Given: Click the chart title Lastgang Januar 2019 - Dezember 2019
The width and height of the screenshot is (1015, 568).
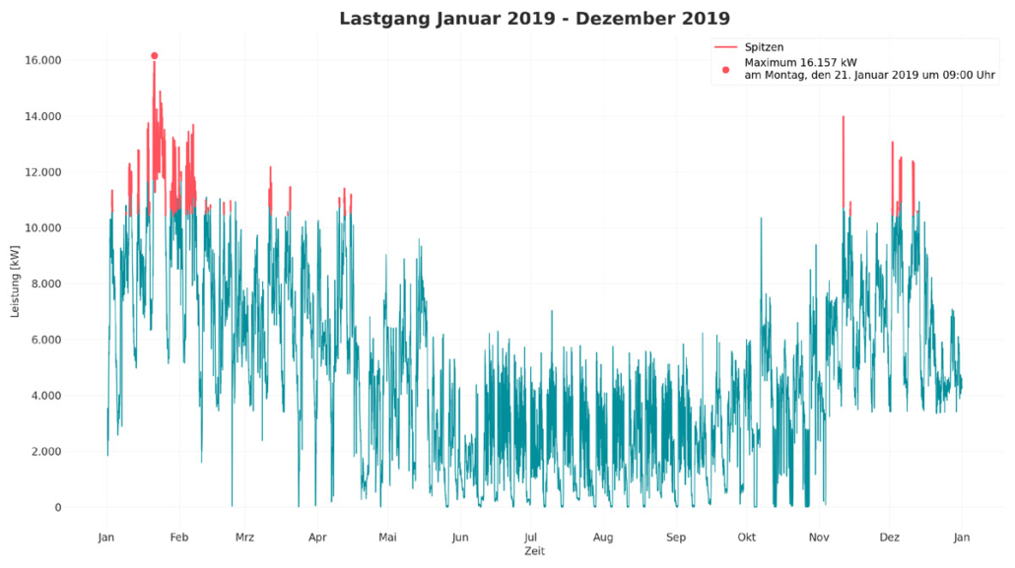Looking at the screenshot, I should pos(534,19).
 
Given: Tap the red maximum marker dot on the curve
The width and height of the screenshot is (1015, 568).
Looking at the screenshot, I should pos(155,56).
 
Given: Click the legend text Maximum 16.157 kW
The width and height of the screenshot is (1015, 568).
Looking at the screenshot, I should pos(801,62).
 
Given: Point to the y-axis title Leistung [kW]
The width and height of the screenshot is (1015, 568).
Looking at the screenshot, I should pos(15,284).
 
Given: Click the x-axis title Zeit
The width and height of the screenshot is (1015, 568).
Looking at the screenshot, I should pos(534,551).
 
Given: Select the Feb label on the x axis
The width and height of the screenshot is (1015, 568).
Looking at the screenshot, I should pos(179,537).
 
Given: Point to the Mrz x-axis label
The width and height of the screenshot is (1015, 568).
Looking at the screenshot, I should pos(245,537).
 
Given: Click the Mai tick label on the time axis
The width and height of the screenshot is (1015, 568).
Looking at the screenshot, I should pos(388,537).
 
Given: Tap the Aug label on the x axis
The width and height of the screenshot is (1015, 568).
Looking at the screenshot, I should pos(603,537).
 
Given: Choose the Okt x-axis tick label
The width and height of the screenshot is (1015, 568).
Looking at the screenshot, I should pos(748,537).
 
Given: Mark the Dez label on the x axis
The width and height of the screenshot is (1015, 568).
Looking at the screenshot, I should pos(890,537).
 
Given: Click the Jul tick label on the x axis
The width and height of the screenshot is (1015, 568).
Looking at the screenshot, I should pos(531,537).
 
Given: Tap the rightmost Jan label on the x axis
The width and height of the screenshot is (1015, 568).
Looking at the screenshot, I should pos(963,537).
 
